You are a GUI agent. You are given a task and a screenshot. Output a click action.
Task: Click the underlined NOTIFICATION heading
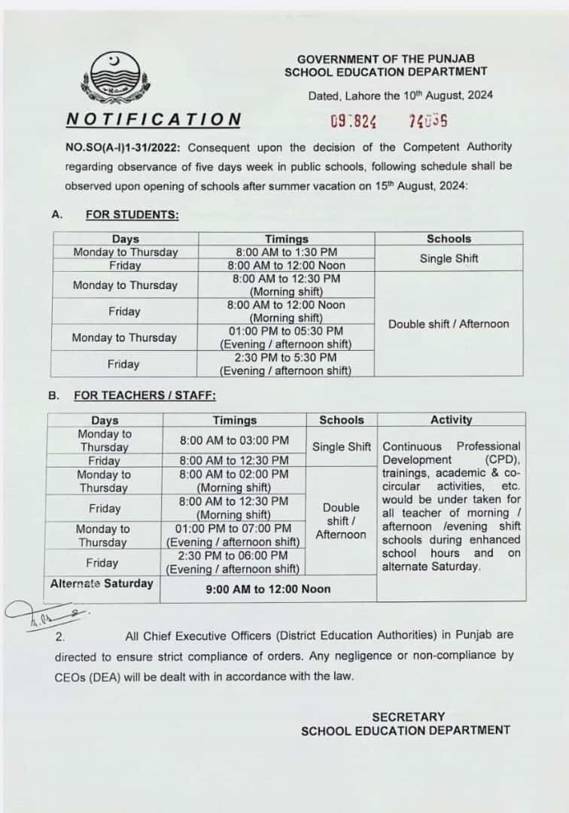pyautogui.click(x=154, y=119)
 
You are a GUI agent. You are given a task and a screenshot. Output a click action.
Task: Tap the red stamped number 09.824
pyautogui.click(x=353, y=120)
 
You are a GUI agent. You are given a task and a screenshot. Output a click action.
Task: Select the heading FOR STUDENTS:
pyautogui.click(x=132, y=215)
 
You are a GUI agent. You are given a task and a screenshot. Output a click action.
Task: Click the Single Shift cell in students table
pyautogui.click(x=449, y=258)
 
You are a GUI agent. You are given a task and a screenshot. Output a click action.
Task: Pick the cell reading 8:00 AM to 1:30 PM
pyautogui.click(x=286, y=252)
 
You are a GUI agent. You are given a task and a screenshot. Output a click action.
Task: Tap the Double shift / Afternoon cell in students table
pyautogui.click(x=449, y=324)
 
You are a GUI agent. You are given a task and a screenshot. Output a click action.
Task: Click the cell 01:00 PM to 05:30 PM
pyautogui.click(x=286, y=331)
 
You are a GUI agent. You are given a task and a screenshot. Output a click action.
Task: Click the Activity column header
pyautogui.click(x=451, y=419)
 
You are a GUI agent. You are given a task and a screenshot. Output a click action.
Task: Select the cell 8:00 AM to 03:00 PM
pyautogui.click(x=234, y=440)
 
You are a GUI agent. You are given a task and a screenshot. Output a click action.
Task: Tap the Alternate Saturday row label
pyautogui.click(x=102, y=583)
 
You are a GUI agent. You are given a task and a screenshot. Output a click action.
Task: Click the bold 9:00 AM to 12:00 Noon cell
pyautogui.click(x=268, y=589)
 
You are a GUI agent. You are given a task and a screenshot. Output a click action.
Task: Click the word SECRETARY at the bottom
pyautogui.click(x=408, y=716)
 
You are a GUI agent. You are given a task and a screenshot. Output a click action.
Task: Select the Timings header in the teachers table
pyautogui.click(x=234, y=420)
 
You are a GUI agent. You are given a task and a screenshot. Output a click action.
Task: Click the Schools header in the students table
pyautogui.click(x=449, y=239)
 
